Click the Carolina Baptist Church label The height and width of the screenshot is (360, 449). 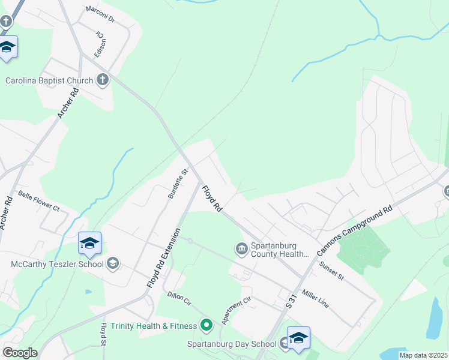49,80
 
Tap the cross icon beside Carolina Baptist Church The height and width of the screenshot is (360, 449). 103,80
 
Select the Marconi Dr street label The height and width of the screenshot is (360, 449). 100,14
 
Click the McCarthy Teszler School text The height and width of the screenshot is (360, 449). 56,263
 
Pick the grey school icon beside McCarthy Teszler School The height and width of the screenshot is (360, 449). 112,263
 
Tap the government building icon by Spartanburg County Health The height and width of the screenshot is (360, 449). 241,248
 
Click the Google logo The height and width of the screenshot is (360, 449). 19,353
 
